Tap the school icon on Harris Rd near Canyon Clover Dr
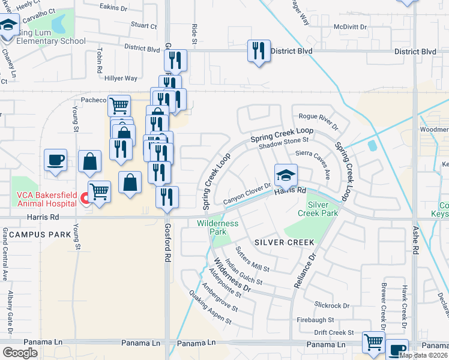[286, 175]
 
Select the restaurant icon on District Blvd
[259, 50]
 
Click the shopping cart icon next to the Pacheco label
[119, 106]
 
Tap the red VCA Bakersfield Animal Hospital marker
[85, 198]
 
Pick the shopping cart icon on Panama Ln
[374, 342]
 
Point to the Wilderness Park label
[217, 227]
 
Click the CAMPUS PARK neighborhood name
[37, 235]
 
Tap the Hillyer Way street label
[121, 78]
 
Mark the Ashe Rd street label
[414, 246]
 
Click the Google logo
[20, 352]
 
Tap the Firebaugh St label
[315, 320]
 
